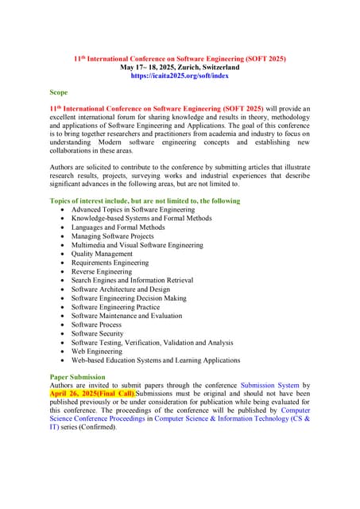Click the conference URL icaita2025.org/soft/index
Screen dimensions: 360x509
point(180,76)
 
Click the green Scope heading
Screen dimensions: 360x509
point(59,92)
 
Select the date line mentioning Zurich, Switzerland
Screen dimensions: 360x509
point(180,68)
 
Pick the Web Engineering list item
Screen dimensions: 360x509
point(97,351)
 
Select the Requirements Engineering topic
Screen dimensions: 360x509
point(110,262)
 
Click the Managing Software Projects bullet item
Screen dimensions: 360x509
point(113,236)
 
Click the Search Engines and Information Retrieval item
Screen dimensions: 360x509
point(132,280)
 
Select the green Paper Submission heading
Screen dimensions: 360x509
point(77,376)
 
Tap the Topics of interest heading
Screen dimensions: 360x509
point(145,200)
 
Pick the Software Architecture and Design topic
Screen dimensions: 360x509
point(121,289)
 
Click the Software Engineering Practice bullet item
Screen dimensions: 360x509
point(115,307)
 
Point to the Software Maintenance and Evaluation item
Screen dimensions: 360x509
point(126,316)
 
